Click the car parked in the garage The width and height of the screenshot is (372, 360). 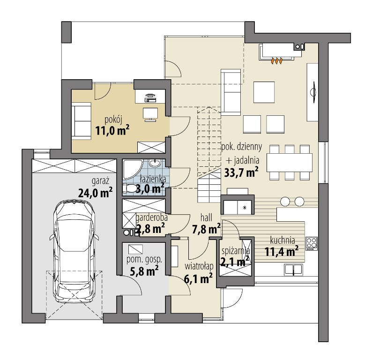click(74, 252)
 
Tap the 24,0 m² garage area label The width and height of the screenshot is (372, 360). click(96, 193)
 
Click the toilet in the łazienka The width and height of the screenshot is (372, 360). click(129, 189)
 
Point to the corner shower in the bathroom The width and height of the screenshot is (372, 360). click(133, 169)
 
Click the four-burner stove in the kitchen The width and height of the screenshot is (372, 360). click(312, 243)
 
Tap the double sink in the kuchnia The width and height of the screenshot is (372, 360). click(293, 270)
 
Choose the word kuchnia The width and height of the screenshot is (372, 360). click(283, 240)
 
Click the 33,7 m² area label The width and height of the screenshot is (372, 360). click(241, 172)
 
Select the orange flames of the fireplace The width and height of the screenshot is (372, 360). click(276, 61)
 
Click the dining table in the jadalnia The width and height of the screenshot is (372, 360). click(290, 163)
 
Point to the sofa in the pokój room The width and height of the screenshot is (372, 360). click(82, 121)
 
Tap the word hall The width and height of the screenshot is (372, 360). click(206, 217)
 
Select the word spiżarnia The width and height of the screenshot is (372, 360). click(236, 251)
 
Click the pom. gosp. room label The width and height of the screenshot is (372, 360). click(144, 259)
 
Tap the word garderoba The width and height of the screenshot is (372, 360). click(152, 217)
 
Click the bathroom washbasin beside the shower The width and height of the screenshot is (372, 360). click(155, 164)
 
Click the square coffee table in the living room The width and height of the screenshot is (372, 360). click(264, 92)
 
